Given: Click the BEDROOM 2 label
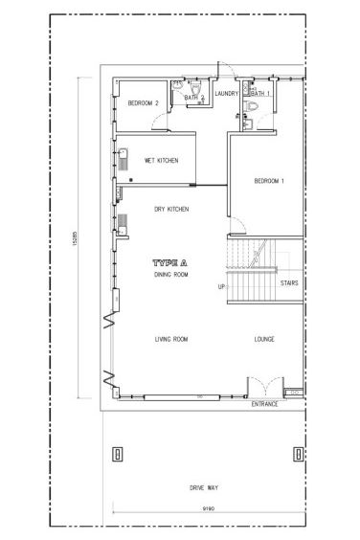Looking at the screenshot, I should (144, 103).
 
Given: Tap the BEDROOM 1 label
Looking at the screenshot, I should (269, 181).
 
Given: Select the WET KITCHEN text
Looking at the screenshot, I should (162, 160).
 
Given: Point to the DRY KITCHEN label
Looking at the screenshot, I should (171, 209).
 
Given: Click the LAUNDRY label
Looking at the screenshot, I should (227, 93).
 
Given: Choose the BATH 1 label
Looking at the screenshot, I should (261, 93).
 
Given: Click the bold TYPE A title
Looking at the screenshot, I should (169, 262).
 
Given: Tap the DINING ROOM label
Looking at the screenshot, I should (171, 275).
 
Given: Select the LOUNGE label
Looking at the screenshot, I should (265, 339).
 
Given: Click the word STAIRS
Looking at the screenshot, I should (289, 283).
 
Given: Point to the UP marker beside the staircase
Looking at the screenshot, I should (221, 286).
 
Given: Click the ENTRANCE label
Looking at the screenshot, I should (265, 405).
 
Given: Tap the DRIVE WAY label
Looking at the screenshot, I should (205, 488).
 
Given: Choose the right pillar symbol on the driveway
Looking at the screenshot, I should (293, 453).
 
